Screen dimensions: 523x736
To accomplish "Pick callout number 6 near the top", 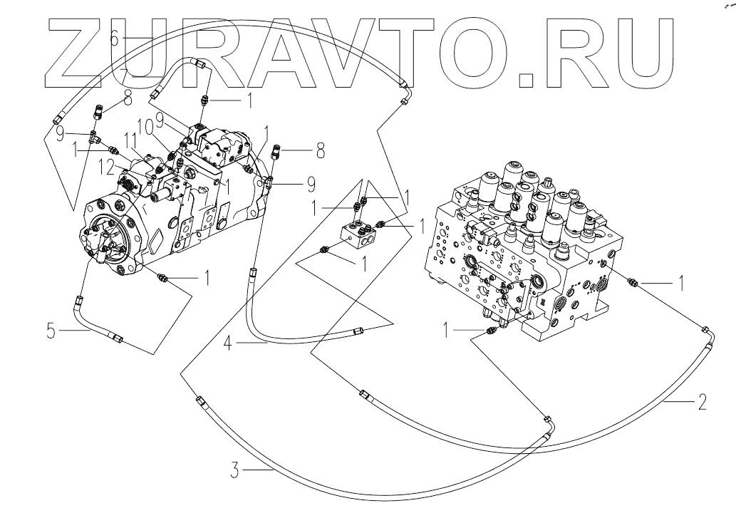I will coord(114,40).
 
